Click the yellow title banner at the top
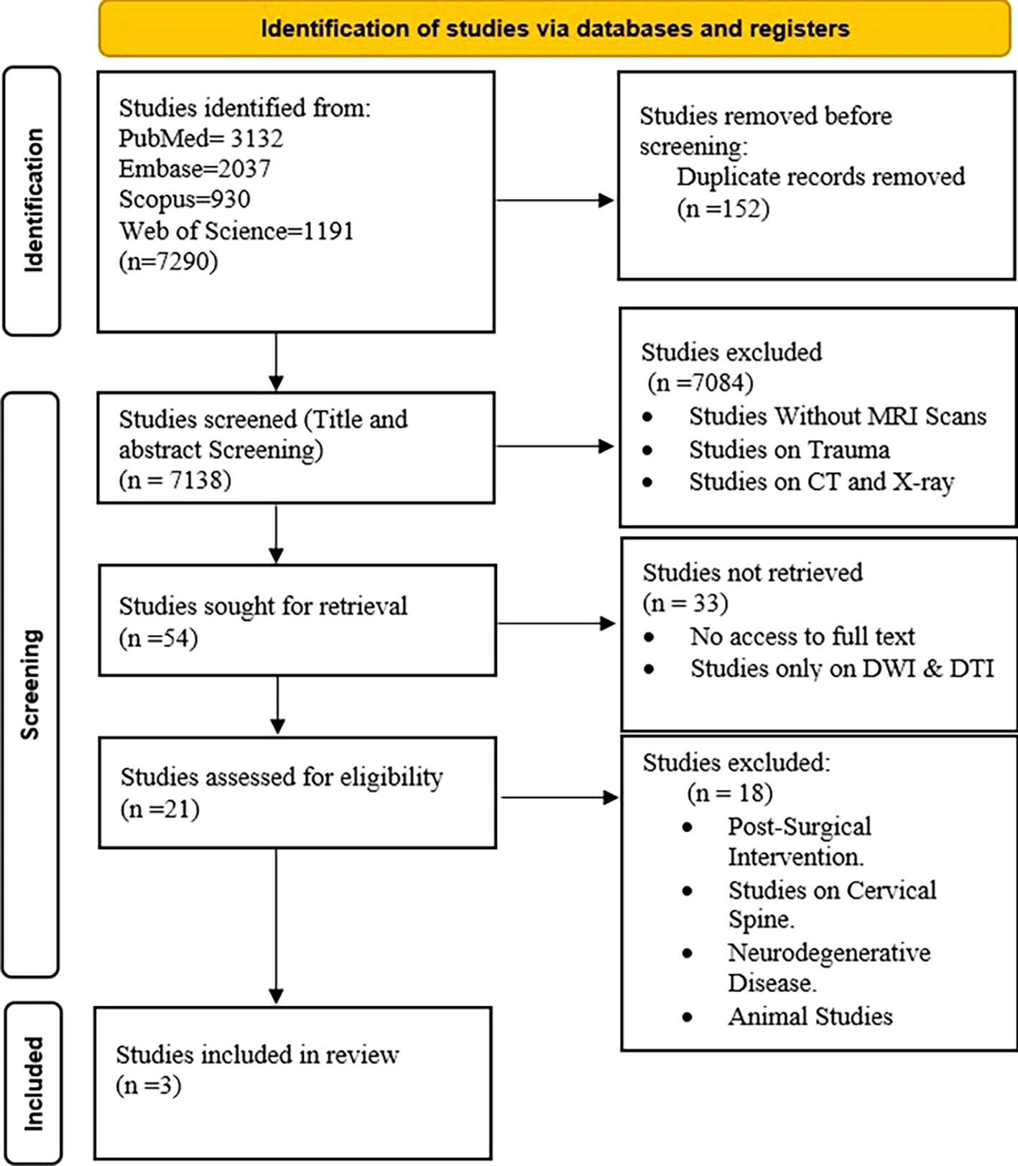tap(555, 28)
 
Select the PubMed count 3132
tap(256, 138)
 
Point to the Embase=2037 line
tap(195, 169)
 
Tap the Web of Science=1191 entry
tap(236, 231)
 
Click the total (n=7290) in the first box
tap(168, 261)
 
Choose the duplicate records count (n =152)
tap(723, 208)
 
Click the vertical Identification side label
tap(33, 200)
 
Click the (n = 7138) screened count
tap(175, 480)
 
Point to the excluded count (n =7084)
tap(700, 383)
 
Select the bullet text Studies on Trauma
tap(790, 450)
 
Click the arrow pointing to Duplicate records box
tap(555, 200)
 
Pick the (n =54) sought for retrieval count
tap(159, 638)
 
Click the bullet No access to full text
tap(802, 637)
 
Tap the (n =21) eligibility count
tap(159, 810)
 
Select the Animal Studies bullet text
tap(810, 1017)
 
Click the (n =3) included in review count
tap(149, 1086)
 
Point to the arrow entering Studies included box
tap(276, 927)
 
